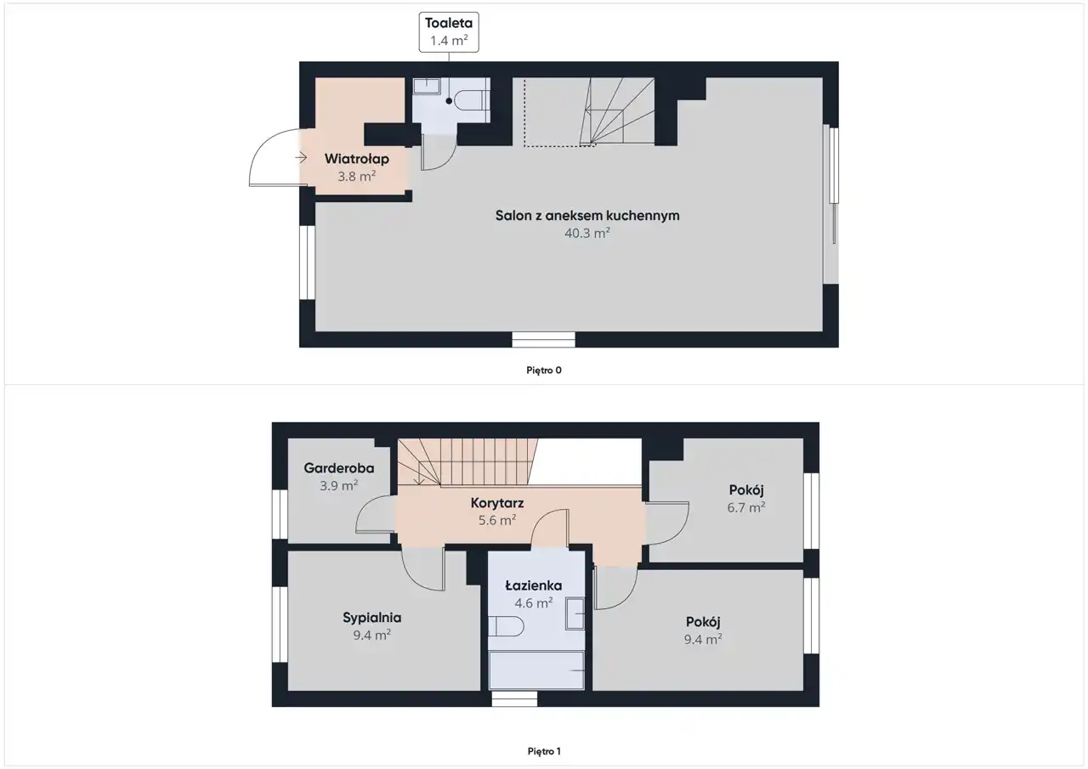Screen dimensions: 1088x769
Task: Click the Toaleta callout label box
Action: point(449,32)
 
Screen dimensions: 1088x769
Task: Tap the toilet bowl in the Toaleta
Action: point(472,100)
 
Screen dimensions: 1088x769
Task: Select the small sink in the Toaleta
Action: point(427,87)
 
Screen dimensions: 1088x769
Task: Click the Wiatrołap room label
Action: point(356,159)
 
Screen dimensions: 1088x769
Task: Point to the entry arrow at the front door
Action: point(301,158)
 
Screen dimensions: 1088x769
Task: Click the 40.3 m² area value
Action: point(587,233)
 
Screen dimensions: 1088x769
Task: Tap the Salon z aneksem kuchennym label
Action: point(587,216)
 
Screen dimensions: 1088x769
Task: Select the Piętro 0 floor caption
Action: point(543,370)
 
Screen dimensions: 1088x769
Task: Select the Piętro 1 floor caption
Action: point(544,751)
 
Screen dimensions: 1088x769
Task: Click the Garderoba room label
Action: point(339,468)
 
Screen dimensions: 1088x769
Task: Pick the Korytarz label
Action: point(497,503)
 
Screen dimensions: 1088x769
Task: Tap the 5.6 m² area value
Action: point(497,520)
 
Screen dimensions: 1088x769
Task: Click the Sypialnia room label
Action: point(372,618)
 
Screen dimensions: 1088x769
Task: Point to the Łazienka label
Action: point(534,585)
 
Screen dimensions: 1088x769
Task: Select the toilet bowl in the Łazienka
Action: point(506,626)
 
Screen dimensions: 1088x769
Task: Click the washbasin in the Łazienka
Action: point(575,614)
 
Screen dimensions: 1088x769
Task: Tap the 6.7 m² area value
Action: point(746,508)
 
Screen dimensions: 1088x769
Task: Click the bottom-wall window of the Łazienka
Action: point(514,698)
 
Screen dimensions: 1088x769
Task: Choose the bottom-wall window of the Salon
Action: point(543,339)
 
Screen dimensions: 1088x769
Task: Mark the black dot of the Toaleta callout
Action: point(449,101)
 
